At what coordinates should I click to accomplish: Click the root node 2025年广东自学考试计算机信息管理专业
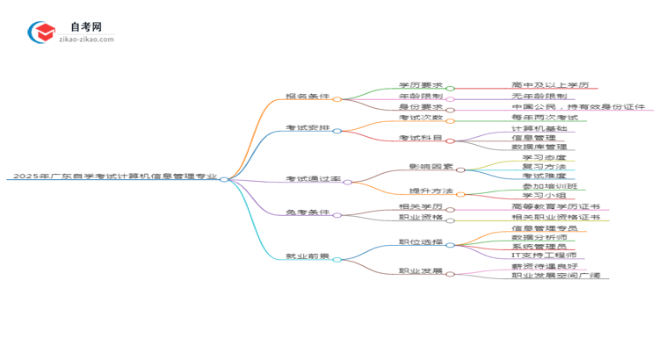click(x=114, y=176)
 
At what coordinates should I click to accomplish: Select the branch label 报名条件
click(x=308, y=96)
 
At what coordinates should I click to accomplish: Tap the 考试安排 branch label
click(x=308, y=128)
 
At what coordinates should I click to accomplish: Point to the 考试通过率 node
click(x=312, y=179)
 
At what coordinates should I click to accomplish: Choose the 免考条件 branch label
click(x=308, y=212)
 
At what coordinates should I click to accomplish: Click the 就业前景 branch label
click(x=308, y=256)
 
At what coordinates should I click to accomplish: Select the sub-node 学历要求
click(x=421, y=85)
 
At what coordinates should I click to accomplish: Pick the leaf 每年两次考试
click(x=544, y=118)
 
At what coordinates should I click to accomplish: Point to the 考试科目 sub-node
click(x=421, y=138)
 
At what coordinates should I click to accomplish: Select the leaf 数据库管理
click(x=539, y=148)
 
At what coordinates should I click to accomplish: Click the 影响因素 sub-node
click(x=431, y=167)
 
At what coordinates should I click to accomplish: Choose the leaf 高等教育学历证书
click(x=555, y=206)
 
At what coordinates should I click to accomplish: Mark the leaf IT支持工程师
click(x=544, y=256)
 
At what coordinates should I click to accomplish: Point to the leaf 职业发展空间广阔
click(x=555, y=276)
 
